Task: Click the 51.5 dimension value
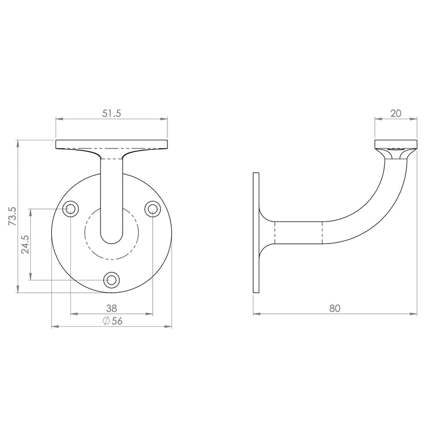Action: pos(112,113)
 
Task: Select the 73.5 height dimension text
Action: pos(12,217)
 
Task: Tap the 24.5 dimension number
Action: pos(25,245)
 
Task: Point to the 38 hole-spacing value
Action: pos(111,308)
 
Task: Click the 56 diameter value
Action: pos(117,321)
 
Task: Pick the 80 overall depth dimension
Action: pos(335,308)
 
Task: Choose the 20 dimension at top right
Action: pos(396,113)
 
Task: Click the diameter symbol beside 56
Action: pos(106,321)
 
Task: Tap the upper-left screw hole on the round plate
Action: pos(71,209)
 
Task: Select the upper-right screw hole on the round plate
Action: pos(153,209)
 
